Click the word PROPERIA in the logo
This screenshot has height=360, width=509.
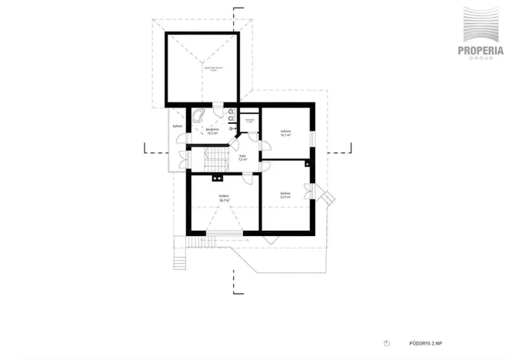481,52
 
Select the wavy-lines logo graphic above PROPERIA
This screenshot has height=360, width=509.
481,26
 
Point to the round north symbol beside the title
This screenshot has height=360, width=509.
388,343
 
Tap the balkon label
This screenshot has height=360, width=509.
177,125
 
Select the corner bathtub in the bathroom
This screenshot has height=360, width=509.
198,117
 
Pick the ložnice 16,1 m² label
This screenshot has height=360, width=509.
284,132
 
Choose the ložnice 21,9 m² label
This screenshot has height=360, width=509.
284,195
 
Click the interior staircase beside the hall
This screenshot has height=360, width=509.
213,161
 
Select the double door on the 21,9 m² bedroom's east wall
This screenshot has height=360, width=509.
313,193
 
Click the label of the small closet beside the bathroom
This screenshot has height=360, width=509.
249,121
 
